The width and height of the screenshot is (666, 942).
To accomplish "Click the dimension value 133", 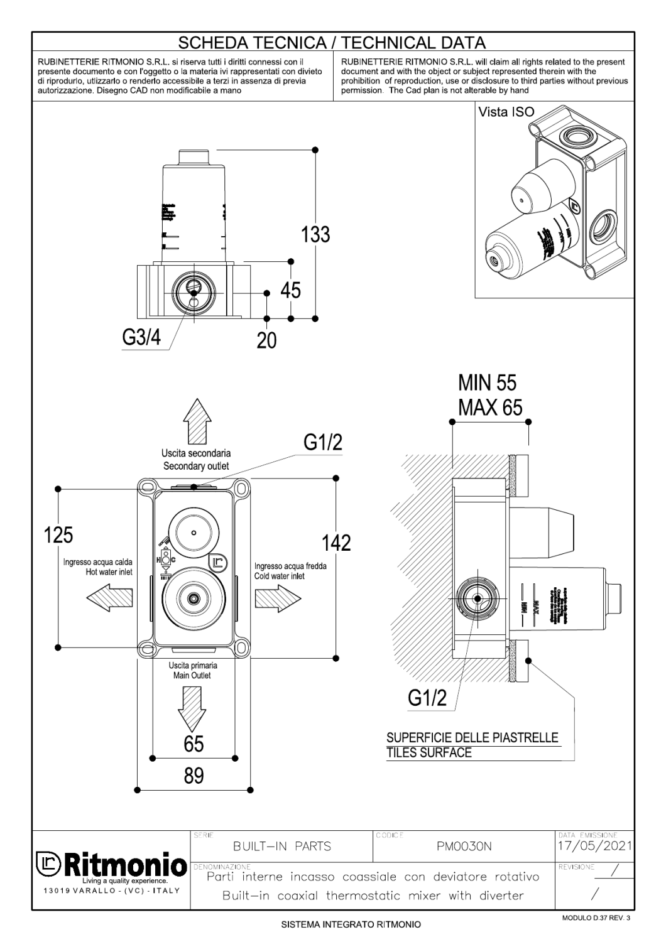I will tap(315, 234).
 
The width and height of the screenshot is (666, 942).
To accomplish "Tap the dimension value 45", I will tap(290, 290).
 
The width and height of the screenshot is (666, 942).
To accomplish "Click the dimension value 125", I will tap(58, 535).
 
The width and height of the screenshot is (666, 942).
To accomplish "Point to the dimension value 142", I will tap(336, 543).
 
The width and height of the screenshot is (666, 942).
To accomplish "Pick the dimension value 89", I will tap(194, 777).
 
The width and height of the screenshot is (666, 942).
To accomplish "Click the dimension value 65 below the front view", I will tap(194, 744).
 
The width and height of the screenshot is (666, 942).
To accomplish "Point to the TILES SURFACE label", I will tap(429, 752).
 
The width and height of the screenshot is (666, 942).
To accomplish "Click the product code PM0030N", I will tap(464, 846).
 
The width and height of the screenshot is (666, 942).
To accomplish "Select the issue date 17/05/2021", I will tap(595, 845).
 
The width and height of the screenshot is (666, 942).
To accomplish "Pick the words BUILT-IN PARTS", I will tap(281, 846).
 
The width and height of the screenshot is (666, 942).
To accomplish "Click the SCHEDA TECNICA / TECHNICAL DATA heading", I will tap(332, 43).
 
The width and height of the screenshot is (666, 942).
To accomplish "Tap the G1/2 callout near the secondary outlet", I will tap(324, 443).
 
